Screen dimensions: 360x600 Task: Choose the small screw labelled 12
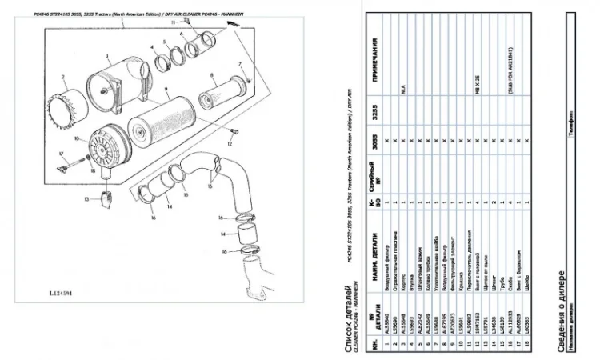pyautogui.click(x=233, y=132)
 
